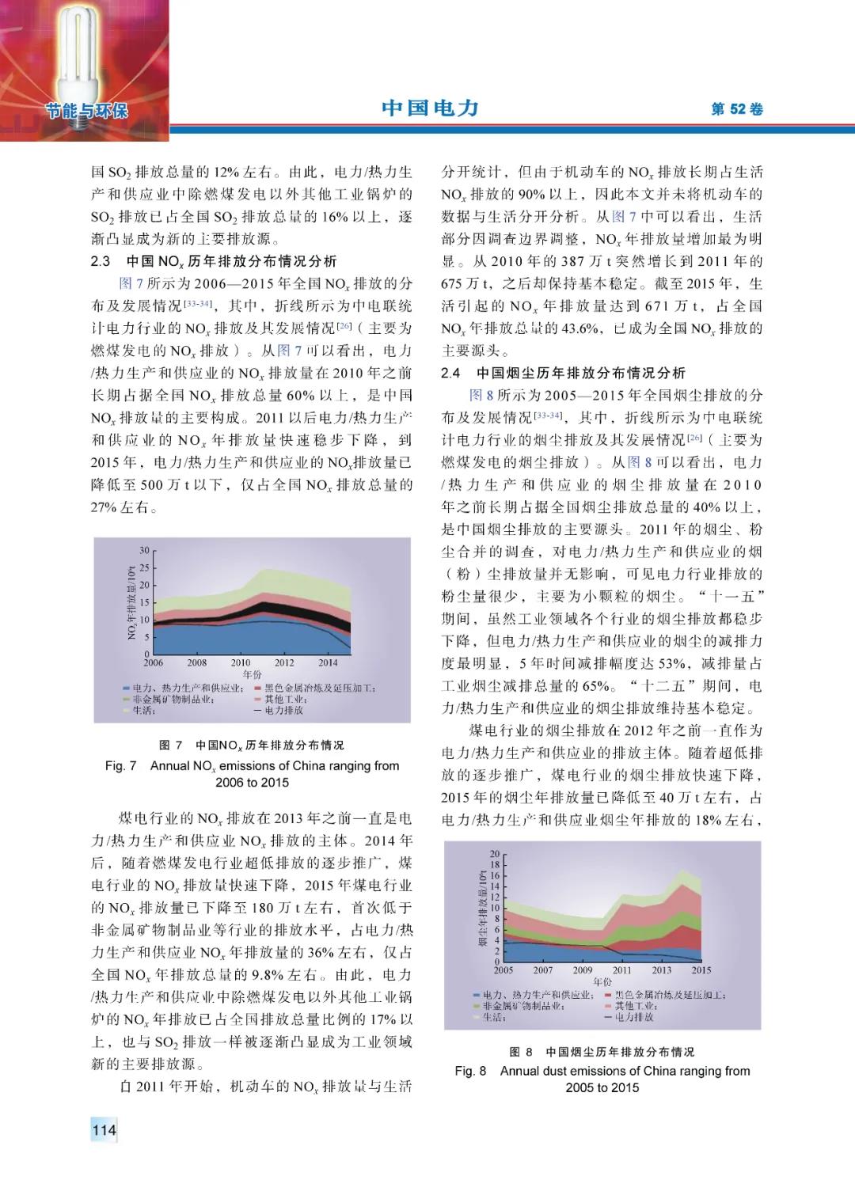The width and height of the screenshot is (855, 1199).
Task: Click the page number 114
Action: click(104, 1130)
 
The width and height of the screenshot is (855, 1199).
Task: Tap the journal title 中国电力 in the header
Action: click(430, 108)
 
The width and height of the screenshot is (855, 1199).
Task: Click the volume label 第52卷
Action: click(737, 109)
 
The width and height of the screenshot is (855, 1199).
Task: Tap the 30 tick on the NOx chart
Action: click(144, 550)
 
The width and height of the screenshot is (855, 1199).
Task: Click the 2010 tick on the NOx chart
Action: click(241, 663)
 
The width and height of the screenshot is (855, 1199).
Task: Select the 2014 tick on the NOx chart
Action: click(328, 663)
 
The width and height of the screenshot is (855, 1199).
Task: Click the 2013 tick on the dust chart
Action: click(662, 970)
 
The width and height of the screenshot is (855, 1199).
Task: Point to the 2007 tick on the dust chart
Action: click(543, 970)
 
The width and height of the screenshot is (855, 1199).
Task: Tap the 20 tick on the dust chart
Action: click(495, 854)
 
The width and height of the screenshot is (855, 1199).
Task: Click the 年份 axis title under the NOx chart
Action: click(252, 675)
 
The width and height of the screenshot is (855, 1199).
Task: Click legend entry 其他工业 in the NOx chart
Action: click(284, 700)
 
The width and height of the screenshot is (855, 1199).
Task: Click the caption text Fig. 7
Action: click(120, 766)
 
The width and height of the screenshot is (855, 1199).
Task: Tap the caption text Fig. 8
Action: click(470, 1071)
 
